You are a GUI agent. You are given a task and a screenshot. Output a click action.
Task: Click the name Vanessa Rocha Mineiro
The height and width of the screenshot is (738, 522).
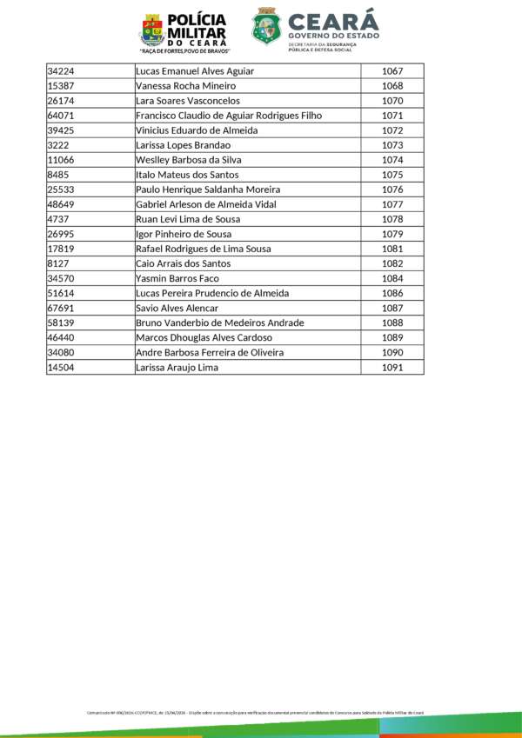coord(185,86)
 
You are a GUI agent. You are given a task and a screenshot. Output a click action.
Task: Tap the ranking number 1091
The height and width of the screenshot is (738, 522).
coord(392,368)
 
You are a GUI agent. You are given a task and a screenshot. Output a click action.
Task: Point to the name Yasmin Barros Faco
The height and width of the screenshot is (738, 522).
coord(177,279)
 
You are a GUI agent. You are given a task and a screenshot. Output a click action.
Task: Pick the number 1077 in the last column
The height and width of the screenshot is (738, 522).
coord(392,204)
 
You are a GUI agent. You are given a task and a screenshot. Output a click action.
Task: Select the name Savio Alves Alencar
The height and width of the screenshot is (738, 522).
coord(177,309)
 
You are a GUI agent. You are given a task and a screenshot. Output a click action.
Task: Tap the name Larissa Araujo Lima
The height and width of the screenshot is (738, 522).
coord(177,368)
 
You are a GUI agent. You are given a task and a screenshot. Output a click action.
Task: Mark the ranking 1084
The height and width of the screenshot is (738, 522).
coord(392,279)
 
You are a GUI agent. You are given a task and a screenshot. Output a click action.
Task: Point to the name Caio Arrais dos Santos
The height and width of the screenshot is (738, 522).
coord(183,264)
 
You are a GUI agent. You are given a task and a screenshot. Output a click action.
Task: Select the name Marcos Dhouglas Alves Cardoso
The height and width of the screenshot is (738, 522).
coord(204,338)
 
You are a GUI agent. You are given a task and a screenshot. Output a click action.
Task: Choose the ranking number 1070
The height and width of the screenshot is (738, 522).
coord(392,101)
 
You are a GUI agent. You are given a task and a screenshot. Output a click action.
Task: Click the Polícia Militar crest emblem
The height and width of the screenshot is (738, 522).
coord(152,29)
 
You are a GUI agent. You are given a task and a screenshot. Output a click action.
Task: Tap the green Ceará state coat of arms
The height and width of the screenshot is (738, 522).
coord(266,26)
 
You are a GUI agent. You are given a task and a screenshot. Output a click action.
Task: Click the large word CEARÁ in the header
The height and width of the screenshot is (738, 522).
coord(332,20)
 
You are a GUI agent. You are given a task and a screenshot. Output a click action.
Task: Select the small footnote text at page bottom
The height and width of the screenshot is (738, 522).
coord(256,712)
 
